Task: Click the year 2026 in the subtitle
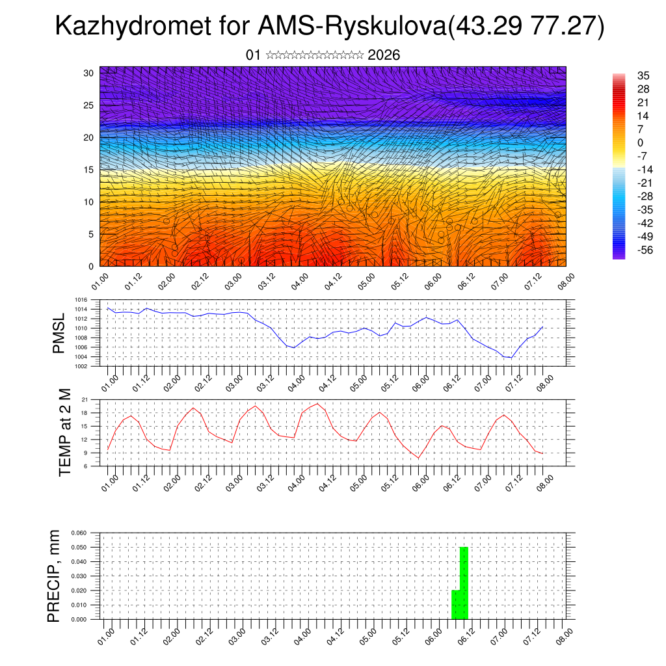click(x=384, y=55)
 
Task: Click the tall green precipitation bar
click(x=464, y=583)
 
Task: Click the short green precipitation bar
click(x=455, y=604)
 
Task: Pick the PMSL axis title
click(x=59, y=333)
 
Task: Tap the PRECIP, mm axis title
click(x=55, y=576)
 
